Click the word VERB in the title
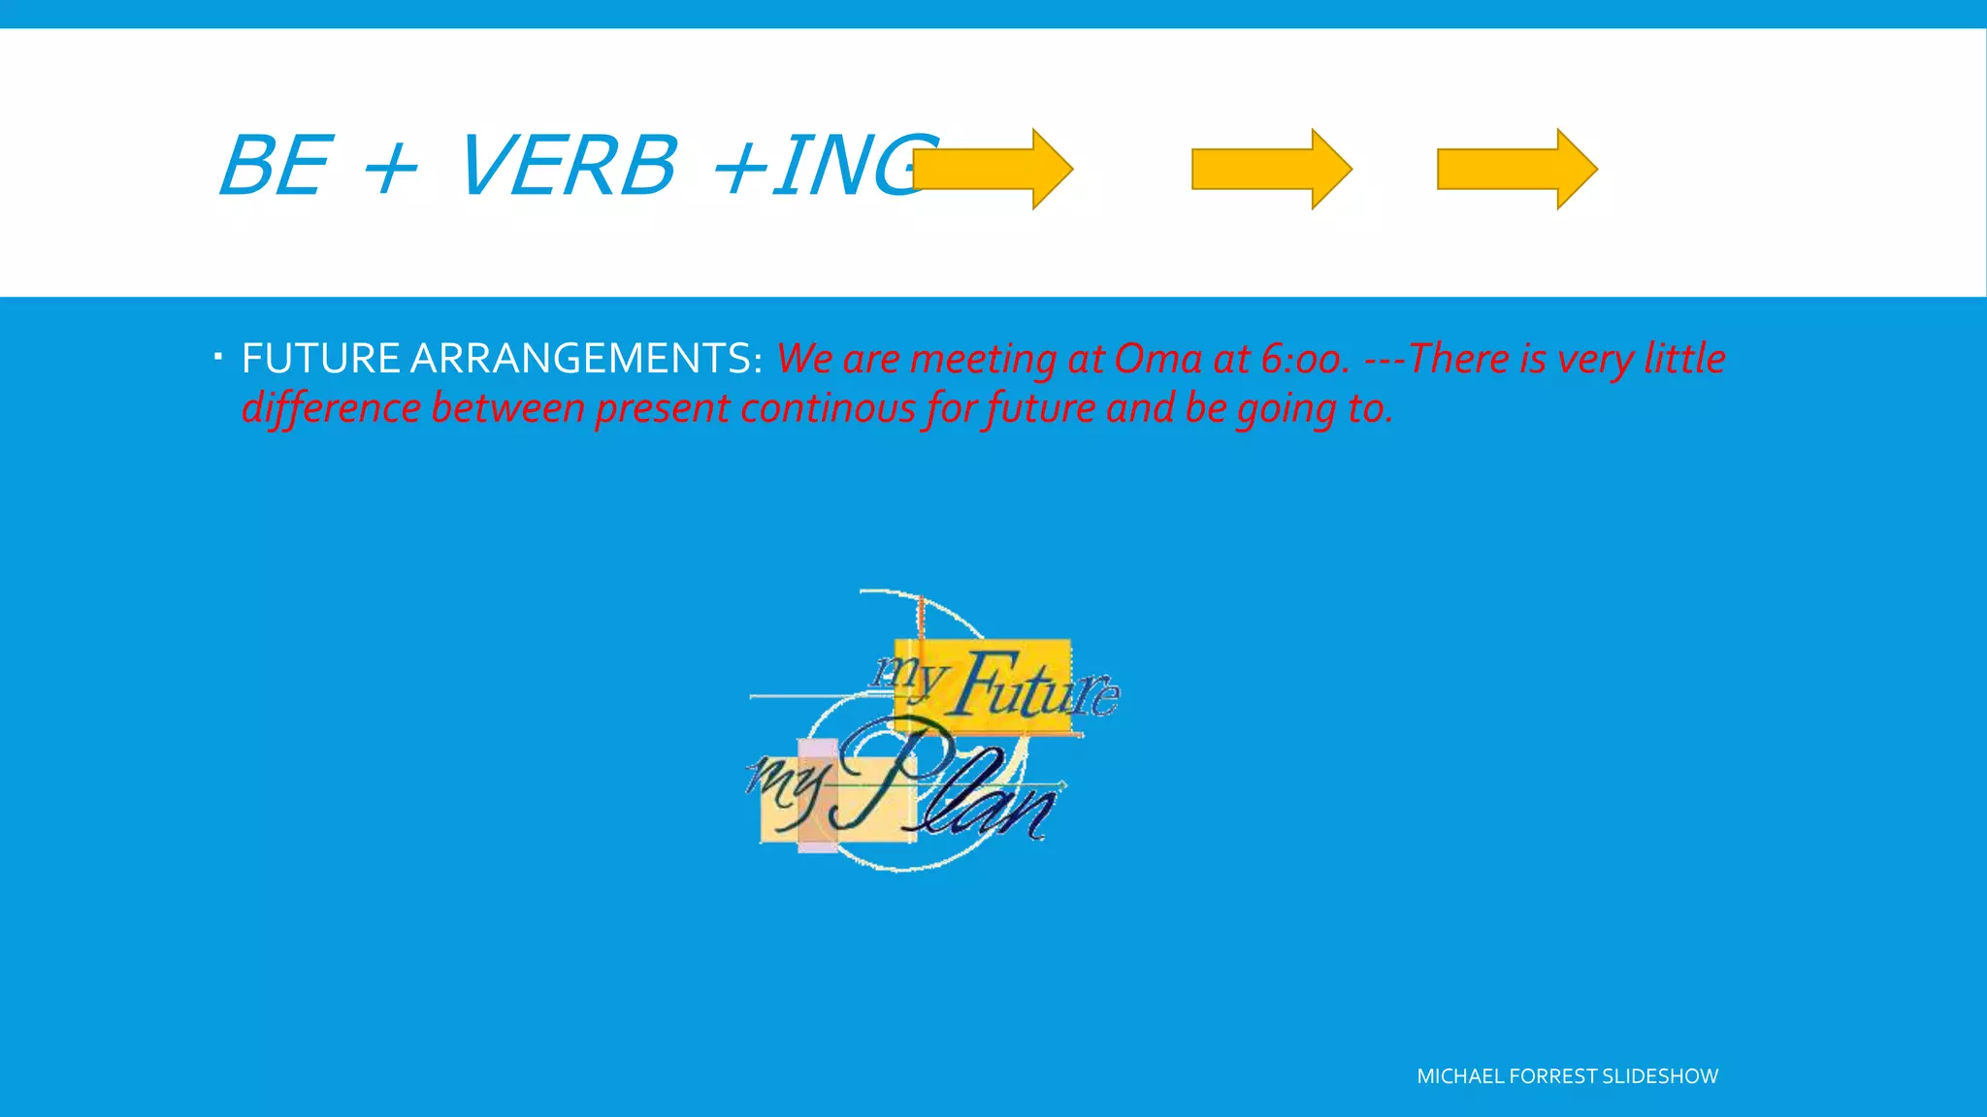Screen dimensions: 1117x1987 (x=567, y=166)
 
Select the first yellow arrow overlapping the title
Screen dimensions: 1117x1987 (x=993, y=169)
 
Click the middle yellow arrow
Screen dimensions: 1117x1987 (x=1271, y=169)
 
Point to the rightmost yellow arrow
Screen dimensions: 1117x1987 (x=1516, y=169)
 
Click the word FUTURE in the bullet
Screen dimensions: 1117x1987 (x=320, y=359)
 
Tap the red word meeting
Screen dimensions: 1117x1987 (x=983, y=359)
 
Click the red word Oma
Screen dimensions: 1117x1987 (x=1157, y=359)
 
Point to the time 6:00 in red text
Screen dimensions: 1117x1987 (x=1304, y=359)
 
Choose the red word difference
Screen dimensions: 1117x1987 (x=331, y=408)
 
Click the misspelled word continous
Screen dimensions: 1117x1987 (x=828, y=408)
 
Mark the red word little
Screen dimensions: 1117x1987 (x=1684, y=359)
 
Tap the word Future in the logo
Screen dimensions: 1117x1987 (x=1034, y=686)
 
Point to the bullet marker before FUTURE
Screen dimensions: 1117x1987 (x=219, y=357)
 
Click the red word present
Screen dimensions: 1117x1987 (x=663, y=408)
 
